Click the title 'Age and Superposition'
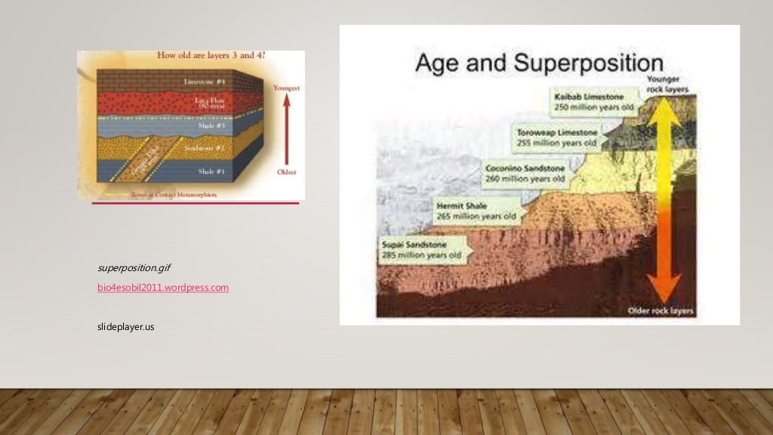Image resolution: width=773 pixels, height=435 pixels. tap(539, 63)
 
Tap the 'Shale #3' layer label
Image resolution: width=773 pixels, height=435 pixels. tap(211, 125)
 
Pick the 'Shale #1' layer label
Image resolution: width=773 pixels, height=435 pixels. tap(211, 171)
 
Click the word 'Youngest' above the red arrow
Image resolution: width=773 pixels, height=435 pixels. tap(286, 88)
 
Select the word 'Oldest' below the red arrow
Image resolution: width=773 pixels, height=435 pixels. tap(286, 171)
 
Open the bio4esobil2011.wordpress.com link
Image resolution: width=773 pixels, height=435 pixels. tap(163, 288)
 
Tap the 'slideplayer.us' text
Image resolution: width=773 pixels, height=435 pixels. tap(126, 326)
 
